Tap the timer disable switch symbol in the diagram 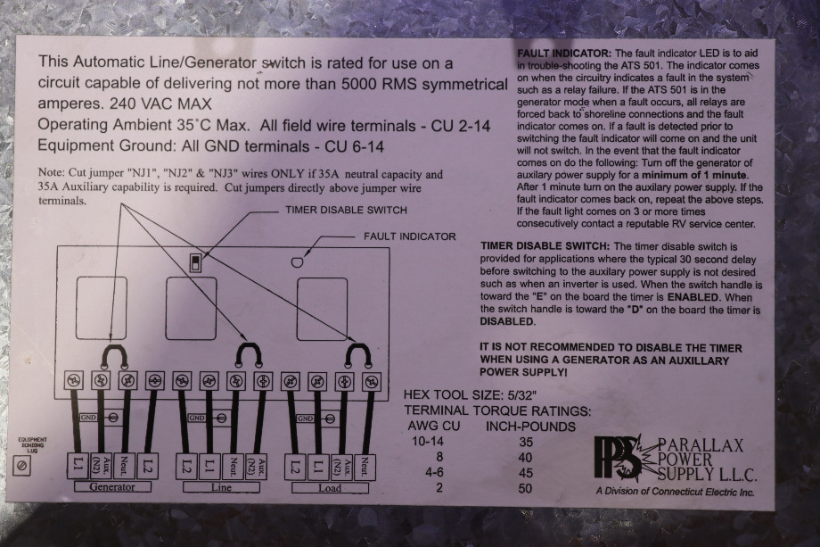(195, 262)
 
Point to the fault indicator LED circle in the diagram (297, 261)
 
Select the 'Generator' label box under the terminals (112, 487)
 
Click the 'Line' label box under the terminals (221, 487)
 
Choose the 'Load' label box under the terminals (330, 488)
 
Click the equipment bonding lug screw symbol (22, 465)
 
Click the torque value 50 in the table (525, 488)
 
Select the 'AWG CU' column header (433, 426)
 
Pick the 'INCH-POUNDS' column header (530, 427)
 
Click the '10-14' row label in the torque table (427, 442)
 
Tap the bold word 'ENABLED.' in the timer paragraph (693, 297)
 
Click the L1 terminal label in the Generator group (78, 465)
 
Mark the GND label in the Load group (305, 419)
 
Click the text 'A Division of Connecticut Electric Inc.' (675, 492)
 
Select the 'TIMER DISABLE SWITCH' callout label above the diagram (346, 210)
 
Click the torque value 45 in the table (525, 473)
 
